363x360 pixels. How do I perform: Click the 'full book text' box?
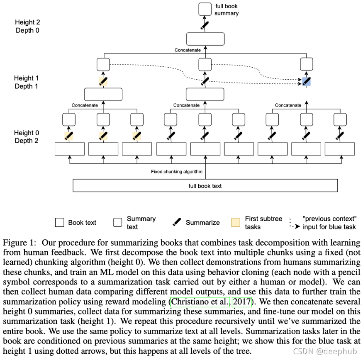pyautogui.click(x=205, y=185)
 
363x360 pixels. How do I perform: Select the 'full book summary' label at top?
pyautogui.click(x=227, y=10)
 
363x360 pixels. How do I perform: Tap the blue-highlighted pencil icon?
pyautogui.click(x=306, y=81)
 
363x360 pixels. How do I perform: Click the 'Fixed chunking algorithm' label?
pyautogui.click(x=176, y=171)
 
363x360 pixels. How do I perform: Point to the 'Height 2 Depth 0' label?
pyautogui.click(x=27, y=26)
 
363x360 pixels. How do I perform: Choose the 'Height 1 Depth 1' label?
pyautogui.click(x=27, y=82)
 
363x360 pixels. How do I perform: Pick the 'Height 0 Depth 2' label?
pyautogui.click(x=27, y=137)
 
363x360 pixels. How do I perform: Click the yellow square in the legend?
pyautogui.click(x=236, y=223)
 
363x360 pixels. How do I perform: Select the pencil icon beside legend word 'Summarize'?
pyautogui.click(x=177, y=222)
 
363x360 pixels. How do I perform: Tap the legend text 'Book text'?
pyautogui.click(x=82, y=223)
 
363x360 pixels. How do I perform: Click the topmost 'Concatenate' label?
pyautogui.click(x=188, y=50)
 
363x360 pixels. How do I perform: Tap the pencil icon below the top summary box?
pyautogui.click(x=205, y=25)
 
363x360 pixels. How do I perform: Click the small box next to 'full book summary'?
pyautogui.click(x=205, y=9)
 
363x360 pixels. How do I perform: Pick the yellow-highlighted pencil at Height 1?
pyautogui.click(x=103, y=81)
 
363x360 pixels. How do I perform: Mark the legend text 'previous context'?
pyautogui.click(x=329, y=219)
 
